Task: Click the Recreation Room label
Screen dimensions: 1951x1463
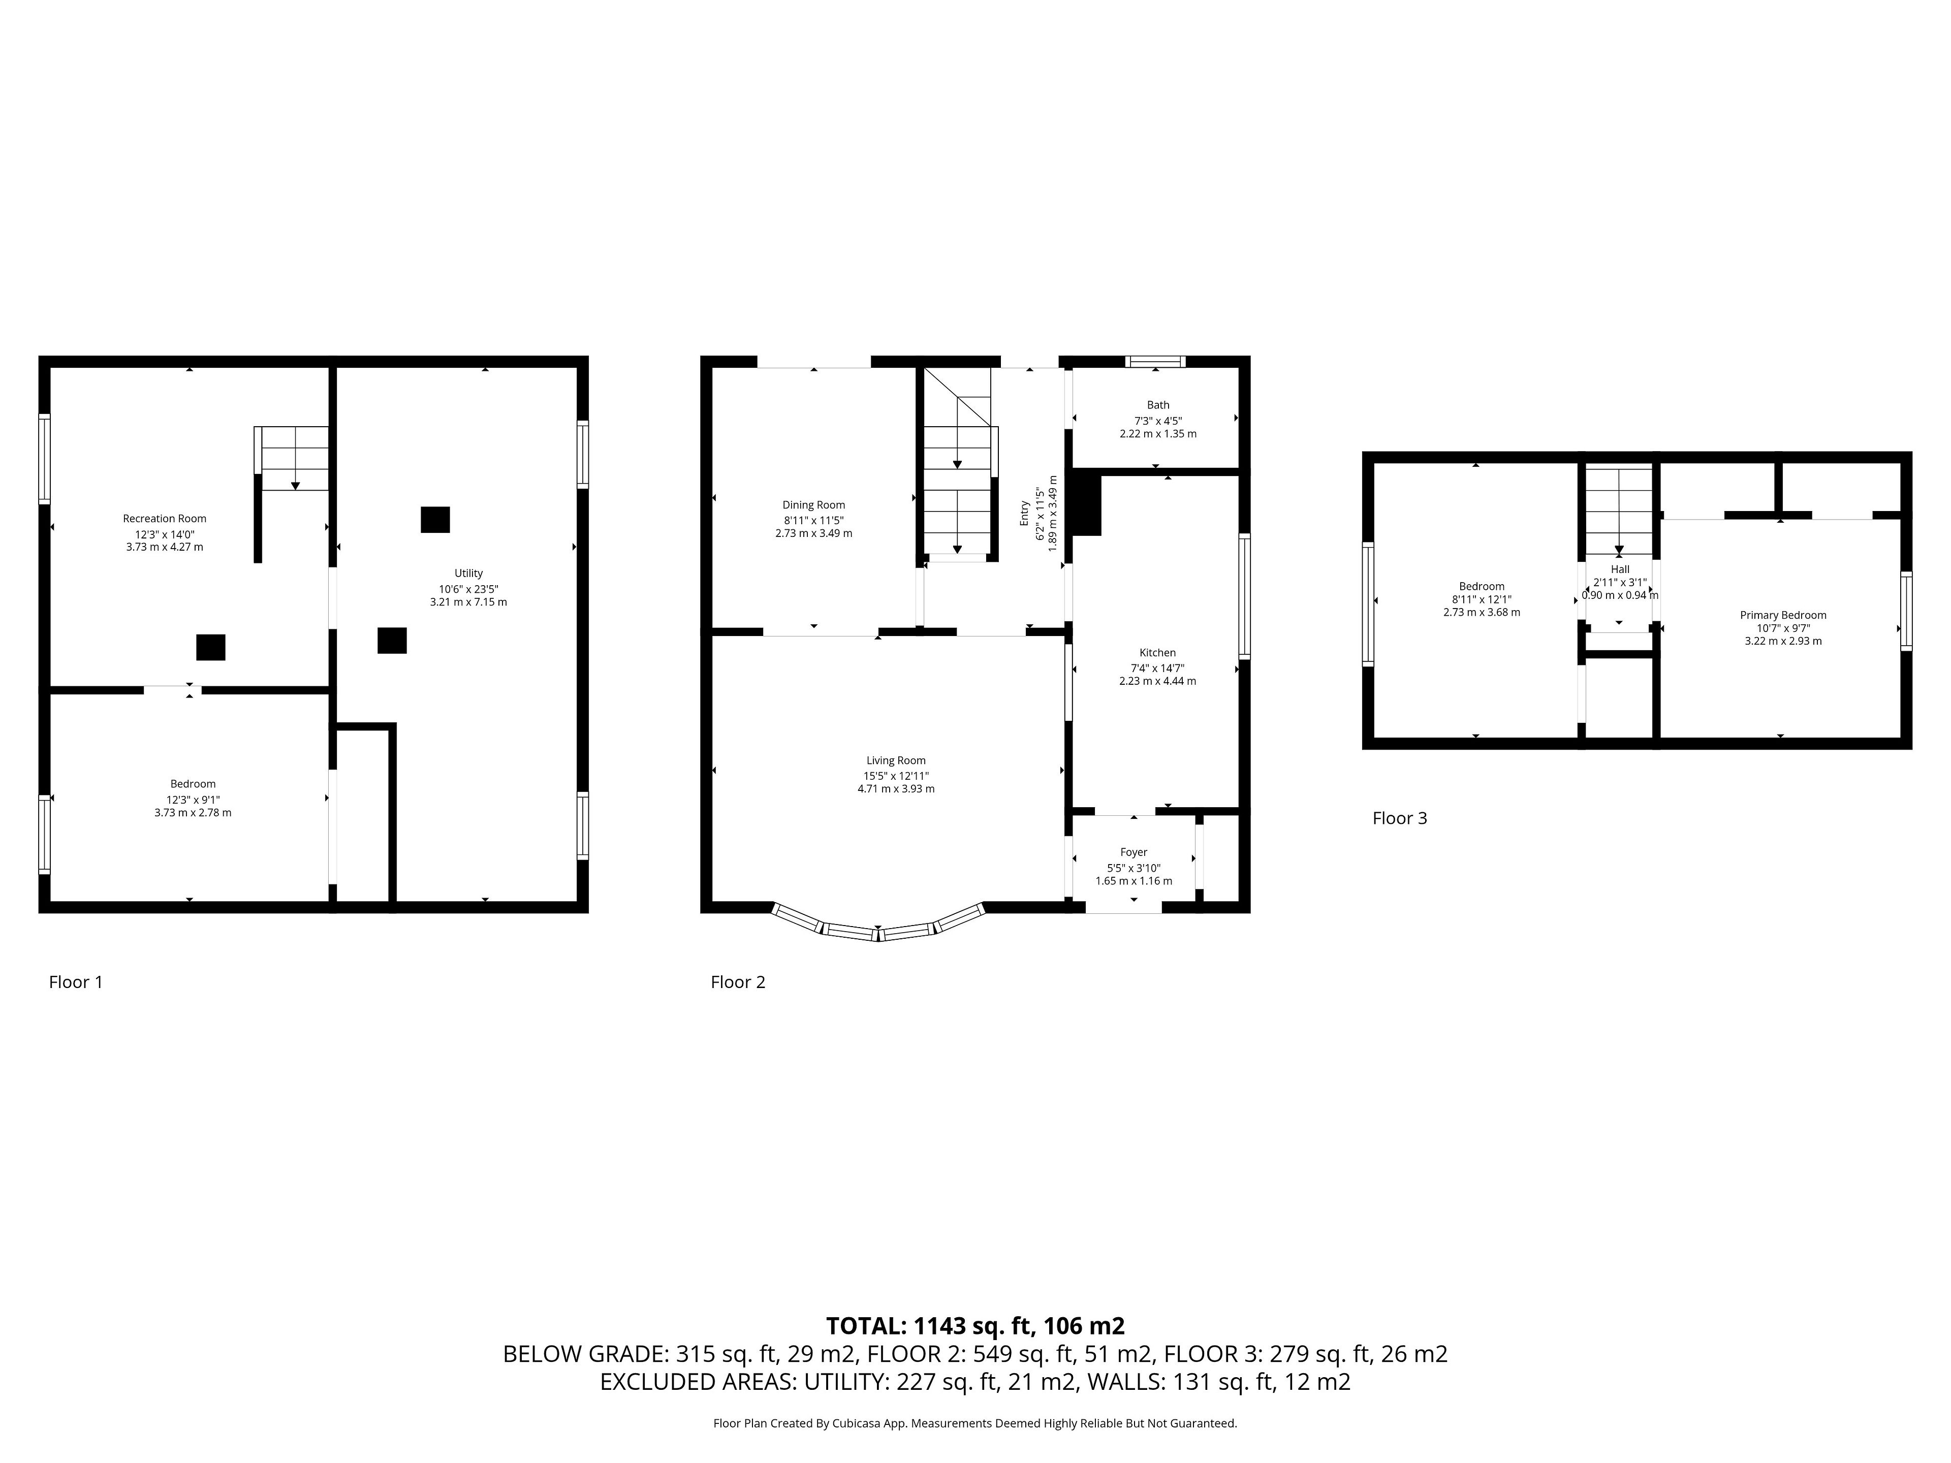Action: pos(164,519)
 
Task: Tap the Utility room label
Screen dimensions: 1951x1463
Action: pos(468,573)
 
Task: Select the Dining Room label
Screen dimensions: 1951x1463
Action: pos(813,505)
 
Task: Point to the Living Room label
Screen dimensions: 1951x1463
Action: pos(895,760)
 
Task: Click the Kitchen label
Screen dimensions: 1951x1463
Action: pos(1157,653)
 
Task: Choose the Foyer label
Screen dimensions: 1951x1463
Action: pos(1134,852)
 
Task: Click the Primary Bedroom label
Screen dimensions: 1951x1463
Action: pos(1782,615)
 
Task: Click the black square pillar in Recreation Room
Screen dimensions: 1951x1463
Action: pos(211,647)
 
